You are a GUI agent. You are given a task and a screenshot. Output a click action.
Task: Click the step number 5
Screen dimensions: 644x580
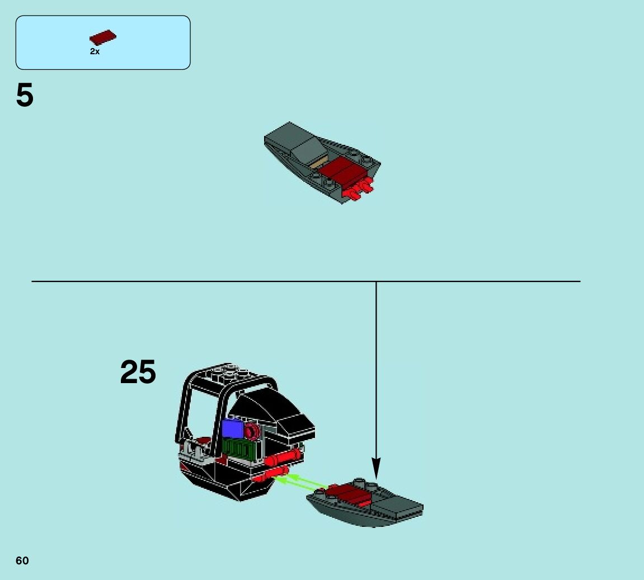pyautogui.click(x=25, y=96)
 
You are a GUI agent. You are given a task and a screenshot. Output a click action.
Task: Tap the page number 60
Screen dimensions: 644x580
pyautogui.click(x=22, y=561)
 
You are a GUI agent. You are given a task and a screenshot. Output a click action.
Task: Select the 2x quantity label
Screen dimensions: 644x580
pyautogui.click(x=95, y=51)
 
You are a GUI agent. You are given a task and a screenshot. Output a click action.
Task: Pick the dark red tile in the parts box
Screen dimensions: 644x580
pyautogui.click(x=102, y=38)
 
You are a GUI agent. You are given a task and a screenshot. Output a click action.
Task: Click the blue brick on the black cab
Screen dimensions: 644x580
pyautogui.click(x=232, y=428)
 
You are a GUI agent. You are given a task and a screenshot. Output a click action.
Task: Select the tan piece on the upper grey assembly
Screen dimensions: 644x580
pyautogui.click(x=317, y=163)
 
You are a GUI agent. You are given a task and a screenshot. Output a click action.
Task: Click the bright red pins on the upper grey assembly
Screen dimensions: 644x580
pyautogui.click(x=358, y=190)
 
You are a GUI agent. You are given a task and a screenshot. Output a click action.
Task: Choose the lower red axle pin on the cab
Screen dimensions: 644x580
pyautogui.click(x=270, y=477)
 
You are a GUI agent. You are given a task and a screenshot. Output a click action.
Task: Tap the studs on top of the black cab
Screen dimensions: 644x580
pyautogui.click(x=229, y=371)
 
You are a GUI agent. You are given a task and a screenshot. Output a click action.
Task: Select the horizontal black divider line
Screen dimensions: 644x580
pyautogui.click(x=224, y=281)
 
